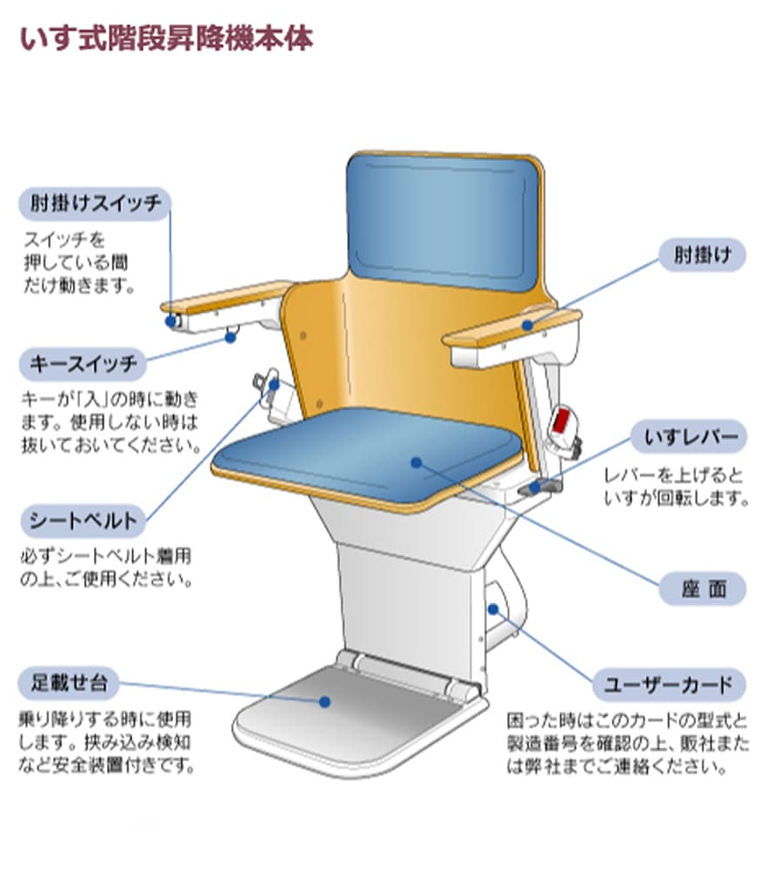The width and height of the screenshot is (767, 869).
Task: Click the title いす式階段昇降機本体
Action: [165, 39]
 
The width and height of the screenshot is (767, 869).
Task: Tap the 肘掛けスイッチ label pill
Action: [94, 205]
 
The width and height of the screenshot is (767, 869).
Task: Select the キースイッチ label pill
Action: [83, 364]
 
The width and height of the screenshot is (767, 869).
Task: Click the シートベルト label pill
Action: [83, 521]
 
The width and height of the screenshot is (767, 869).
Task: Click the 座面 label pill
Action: [703, 589]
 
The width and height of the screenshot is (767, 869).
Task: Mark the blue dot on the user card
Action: [494, 608]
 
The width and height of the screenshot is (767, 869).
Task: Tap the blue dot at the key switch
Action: [230, 337]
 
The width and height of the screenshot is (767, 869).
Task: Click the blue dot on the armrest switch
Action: [170, 322]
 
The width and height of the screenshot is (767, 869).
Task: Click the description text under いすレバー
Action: [674, 487]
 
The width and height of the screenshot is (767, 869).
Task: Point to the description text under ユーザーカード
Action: [626, 744]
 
